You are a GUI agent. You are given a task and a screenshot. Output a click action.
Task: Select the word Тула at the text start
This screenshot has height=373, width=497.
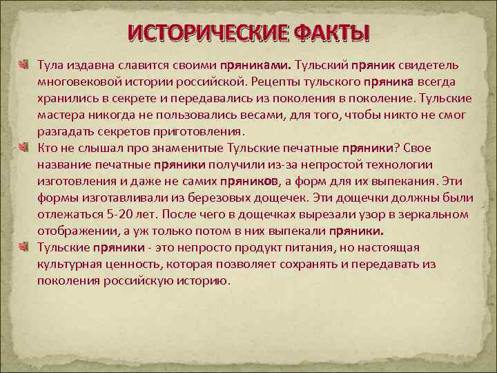pyautogui.click(x=50, y=64)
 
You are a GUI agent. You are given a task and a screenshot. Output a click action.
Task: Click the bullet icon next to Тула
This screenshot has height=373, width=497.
pyautogui.click(x=26, y=64)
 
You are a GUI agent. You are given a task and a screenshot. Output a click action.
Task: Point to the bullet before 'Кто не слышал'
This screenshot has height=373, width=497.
pyautogui.click(x=26, y=147)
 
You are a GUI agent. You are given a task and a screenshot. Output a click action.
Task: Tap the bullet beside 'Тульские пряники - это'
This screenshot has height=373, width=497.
pyautogui.click(x=26, y=247)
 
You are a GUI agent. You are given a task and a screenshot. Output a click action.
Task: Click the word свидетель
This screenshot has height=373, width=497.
pyautogui.click(x=427, y=64)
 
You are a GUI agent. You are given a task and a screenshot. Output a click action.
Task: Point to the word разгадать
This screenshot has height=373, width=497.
pyautogui.click(x=67, y=131)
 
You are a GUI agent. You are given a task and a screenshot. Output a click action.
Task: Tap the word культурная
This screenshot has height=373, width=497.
pyautogui.click(x=72, y=263)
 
